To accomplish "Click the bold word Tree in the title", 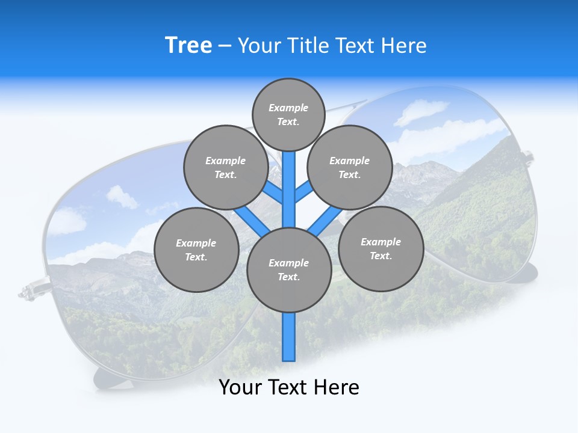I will pyautogui.click(x=188, y=45).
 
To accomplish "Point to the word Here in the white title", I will pyautogui.click(x=404, y=45).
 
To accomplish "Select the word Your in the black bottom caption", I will pyautogui.click(x=240, y=387).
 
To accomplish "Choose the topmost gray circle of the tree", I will pyautogui.click(x=288, y=114).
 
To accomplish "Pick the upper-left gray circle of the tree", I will pyautogui.click(x=226, y=167).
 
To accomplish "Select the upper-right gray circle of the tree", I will pyautogui.click(x=350, y=167).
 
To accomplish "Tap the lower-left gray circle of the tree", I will pyautogui.click(x=196, y=250).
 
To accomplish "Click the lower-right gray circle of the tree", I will pyautogui.click(x=381, y=248).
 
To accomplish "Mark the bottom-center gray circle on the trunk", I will pyautogui.click(x=289, y=270).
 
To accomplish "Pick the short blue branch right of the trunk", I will pyautogui.click(x=303, y=191).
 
